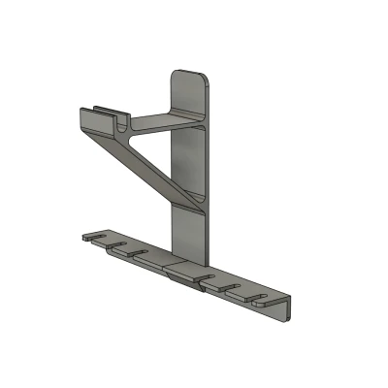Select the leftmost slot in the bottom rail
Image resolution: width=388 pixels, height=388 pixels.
[x=97, y=235]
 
